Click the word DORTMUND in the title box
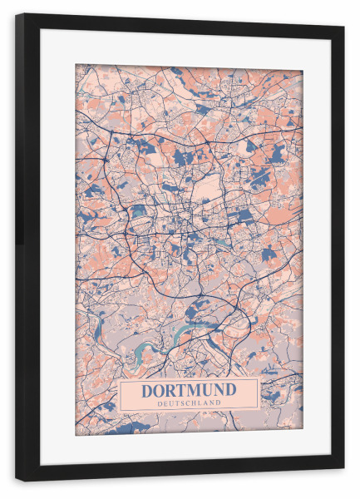pos(188,390)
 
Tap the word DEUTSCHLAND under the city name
pos(188,403)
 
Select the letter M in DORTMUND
pos(196,390)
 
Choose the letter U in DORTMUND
pos(208,390)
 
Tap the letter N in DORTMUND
pos(219,390)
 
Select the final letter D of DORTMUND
pos(231,390)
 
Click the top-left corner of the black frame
pos(17,14)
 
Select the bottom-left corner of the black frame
pos(17,480)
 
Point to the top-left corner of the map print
pos(76,65)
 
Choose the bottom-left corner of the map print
pos(76,435)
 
